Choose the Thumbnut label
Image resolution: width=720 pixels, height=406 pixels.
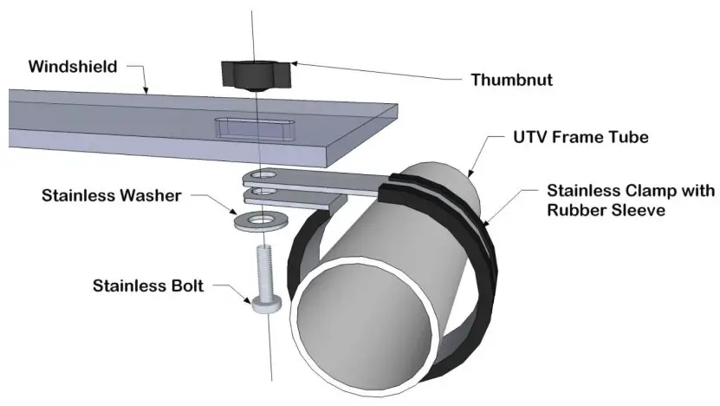point(511,80)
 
